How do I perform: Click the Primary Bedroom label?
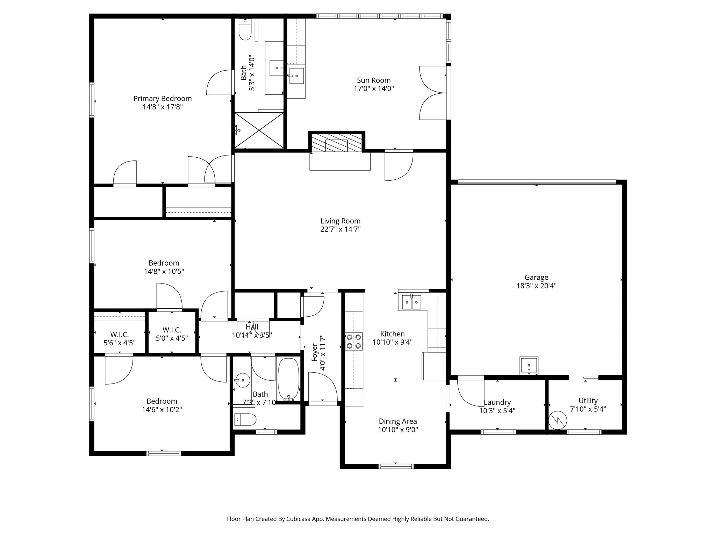pyautogui.click(x=163, y=99)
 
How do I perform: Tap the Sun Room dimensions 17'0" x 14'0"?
pyautogui.click(x=374, y=89)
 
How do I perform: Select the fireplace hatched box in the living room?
pyautogui.click(x=337, y=143)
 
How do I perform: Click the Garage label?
pyautogui.click(x=536, y=278)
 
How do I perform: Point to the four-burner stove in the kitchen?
pyautogui.click(x=354, y=342)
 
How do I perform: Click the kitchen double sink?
pyautogui.click(x=411, y=302)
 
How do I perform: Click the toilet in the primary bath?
pyautogui.click(x=245, y=31)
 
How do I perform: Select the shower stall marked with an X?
pyautogui.click(x=259, y=130)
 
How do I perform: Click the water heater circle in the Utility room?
pyautogui.click(x=557, y=420)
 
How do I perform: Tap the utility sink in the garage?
pyautogui.click(x=529, y=366)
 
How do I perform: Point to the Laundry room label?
pyautogui.click(x=497, y=402)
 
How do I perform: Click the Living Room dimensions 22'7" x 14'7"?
pyautogui.click(x=340, y=229)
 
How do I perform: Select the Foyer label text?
pyautogui.click(x=315, y=352)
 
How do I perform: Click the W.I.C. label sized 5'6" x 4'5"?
pyautogui.click(x=120, y=335)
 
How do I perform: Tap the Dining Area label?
pyautogui.click(x=398, y=422)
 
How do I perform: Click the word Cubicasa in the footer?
pyautogui.click(x=299, y=519)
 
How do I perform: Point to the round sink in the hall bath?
pyautogui.click(x=242, y=380)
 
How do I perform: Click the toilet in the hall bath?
pyautogui.click(x=246, y=419)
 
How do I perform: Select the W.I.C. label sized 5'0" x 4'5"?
pyautogui.click(x=172, y=330)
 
